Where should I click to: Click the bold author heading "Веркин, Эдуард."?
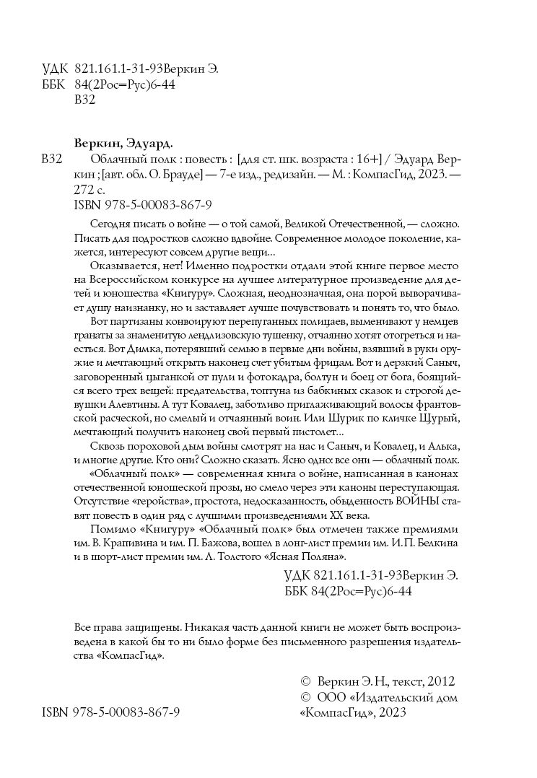point(121,142)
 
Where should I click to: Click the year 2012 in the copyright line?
point(442,682)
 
